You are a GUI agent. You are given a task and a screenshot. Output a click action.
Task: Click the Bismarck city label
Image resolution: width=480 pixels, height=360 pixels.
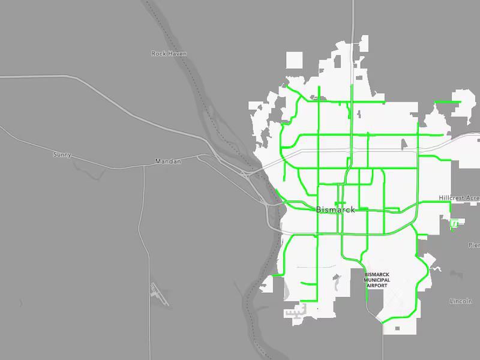335,210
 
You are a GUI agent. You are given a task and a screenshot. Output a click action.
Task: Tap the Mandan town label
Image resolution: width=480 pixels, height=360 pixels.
168,161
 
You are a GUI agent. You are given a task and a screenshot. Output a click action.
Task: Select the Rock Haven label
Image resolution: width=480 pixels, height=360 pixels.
169,54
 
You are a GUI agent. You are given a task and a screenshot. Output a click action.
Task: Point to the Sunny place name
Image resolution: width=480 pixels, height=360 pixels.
62,155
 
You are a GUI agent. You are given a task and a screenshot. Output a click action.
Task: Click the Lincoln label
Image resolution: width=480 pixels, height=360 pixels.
461,301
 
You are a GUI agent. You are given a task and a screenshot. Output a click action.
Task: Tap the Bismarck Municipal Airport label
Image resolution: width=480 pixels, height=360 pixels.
377,280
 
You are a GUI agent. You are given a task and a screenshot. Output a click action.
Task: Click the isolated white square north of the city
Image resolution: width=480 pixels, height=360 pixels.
294,60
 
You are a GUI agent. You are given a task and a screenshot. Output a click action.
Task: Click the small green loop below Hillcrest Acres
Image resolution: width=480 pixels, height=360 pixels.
455,224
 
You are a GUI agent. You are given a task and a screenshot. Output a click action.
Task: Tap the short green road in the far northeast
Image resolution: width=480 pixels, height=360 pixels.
447,102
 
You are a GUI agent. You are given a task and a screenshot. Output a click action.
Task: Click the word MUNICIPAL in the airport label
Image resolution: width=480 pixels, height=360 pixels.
377,280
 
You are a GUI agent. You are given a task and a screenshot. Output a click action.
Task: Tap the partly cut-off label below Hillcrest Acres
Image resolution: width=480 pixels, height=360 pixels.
474,245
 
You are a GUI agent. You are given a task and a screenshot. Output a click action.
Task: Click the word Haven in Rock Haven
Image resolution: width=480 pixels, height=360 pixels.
177,54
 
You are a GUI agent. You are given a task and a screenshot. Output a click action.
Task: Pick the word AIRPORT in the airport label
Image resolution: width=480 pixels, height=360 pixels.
377,286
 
